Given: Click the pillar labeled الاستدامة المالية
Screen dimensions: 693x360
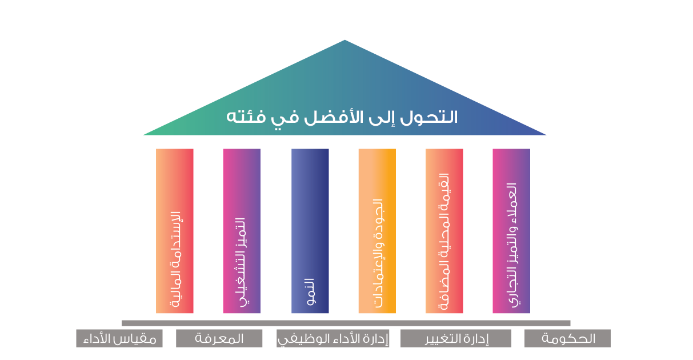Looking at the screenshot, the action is click(174, 231).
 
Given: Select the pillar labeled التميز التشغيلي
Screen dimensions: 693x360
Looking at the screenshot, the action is click(242, 231).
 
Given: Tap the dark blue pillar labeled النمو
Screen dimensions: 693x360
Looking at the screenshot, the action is click(310, 231).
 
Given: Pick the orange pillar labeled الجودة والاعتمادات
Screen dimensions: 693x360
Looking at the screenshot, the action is click(377, 231).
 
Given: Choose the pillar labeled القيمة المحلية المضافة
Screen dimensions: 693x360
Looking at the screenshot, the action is click(444, 231).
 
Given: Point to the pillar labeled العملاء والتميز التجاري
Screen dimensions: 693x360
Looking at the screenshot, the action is click(511, 231).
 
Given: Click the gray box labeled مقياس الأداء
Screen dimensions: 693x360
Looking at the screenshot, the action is click(119, 338).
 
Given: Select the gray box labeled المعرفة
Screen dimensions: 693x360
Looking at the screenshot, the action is click(219, 338).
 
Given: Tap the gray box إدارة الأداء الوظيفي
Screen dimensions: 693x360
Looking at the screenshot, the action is click(333, 338).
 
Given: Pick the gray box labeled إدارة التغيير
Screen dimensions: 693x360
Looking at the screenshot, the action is click(456, 338).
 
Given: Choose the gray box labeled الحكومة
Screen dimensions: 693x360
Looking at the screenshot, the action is click(567, 338).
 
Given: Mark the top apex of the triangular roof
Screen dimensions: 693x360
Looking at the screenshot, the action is click(345, 40).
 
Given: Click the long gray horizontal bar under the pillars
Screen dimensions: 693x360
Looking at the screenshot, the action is click(346, 323).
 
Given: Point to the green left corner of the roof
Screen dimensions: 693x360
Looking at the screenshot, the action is click(143, 135).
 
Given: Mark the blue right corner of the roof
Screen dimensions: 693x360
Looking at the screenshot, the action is click(546, 135).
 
